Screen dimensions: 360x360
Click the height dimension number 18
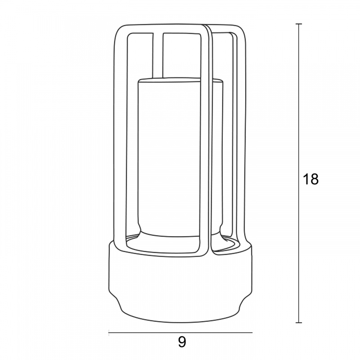(311, 179)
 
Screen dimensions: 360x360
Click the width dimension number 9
(182, 342)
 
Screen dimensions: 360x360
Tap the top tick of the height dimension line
(299, 24)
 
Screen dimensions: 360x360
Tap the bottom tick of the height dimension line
(299, 323)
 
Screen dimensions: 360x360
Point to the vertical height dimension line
(299, 173)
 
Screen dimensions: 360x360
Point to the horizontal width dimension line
(180, 332)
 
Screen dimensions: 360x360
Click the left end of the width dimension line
(108, 332)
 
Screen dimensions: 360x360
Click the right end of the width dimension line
(252, 332)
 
